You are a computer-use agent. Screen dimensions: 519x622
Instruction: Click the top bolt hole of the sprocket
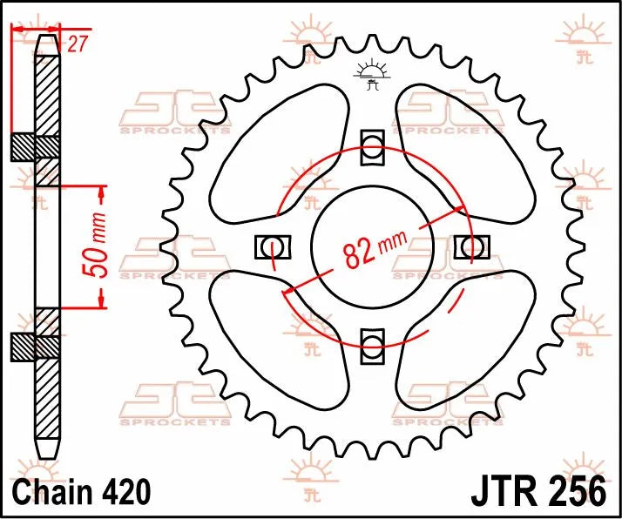pyautogui.click(x=373, y=145)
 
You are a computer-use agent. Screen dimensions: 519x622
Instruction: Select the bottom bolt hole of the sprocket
pyautogui.click(x=373, y=344)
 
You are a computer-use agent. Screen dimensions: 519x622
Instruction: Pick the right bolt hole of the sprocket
pyautogui.click(x=471, y=246)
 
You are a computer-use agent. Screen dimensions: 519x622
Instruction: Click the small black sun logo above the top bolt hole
pyautogui.click(x=373, y=76)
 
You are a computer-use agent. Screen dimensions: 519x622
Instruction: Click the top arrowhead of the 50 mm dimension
pyautogui.click(x=101, y=190)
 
